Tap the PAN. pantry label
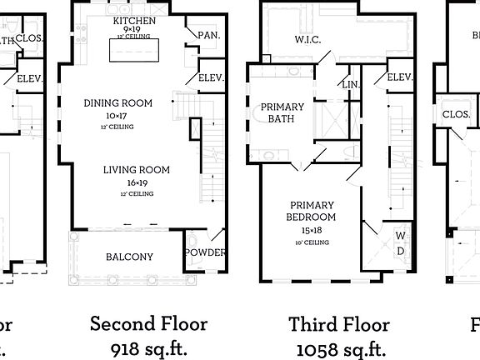[207, 34]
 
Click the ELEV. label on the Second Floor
[209, 77]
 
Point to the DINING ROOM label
[118, 103]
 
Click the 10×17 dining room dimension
[118, 116]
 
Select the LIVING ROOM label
[136, 170]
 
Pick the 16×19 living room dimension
[136, 182]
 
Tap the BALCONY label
[129, 257]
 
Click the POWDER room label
[204, 252]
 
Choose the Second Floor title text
[148, 323]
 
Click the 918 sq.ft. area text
[148, 347]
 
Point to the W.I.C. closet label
[308, 38]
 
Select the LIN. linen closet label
[352, 84]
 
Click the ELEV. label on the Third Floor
[399, 77]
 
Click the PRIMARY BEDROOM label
[312, 212]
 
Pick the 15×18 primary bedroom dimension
[310, 230]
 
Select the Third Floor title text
[339, 323]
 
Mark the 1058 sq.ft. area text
[339, 347]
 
